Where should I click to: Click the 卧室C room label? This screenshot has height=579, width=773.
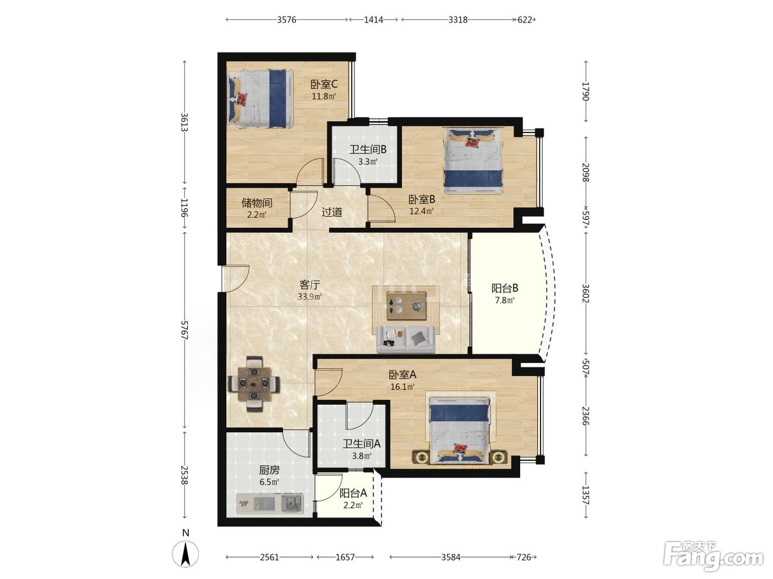tap(324, 84)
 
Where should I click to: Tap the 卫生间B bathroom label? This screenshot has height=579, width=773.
tap(368, 150)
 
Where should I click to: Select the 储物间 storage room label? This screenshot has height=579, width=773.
tap(257, 203)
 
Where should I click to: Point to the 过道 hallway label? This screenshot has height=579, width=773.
tap(332, 212)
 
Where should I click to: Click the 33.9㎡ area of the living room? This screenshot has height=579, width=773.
tap(310, 296)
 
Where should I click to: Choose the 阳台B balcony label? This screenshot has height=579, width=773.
tap(505, 288)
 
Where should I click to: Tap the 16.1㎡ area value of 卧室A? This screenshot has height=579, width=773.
tap(402, 387)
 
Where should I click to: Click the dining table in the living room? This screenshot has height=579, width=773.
tap(254, 384)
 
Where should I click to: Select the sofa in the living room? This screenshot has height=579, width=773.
tap(406, 339)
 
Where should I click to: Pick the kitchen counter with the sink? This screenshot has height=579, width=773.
tap(270, 503)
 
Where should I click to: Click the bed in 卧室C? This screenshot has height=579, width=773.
tap(260, 99)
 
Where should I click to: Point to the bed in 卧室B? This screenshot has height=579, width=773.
tap(473, 161)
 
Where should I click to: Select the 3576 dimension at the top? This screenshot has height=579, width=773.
tap(287, 20)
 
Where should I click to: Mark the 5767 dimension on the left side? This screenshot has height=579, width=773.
tap(184, 330)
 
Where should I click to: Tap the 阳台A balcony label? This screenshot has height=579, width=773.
tap(353, 493)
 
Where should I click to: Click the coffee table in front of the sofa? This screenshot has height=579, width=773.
tap(406, 305)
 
